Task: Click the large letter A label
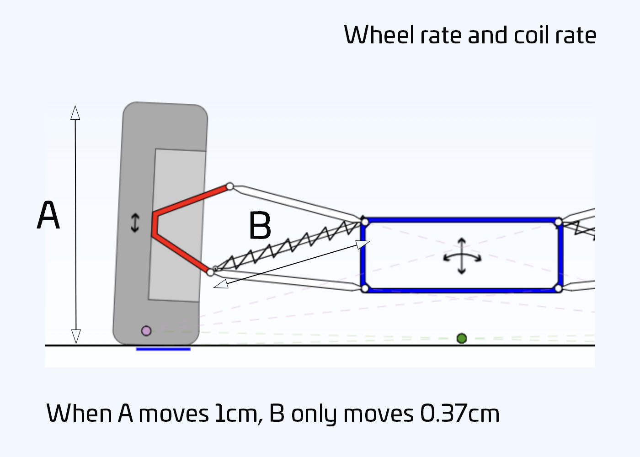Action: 48,215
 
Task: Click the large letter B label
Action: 260,226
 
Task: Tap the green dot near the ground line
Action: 462,338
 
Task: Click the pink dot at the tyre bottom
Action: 146,331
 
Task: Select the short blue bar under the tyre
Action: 163,349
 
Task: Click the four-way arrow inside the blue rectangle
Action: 462,256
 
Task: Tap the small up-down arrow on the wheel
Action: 135,223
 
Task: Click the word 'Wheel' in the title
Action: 379,35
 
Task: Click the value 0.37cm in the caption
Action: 459,414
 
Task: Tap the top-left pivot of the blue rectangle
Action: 365,222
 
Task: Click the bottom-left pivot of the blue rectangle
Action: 365,288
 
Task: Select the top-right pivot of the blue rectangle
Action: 558,222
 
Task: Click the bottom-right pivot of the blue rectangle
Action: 558,288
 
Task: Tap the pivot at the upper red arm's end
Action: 230,186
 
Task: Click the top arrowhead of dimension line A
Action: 75,112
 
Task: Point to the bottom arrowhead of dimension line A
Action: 76,336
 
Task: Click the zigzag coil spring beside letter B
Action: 288,245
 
